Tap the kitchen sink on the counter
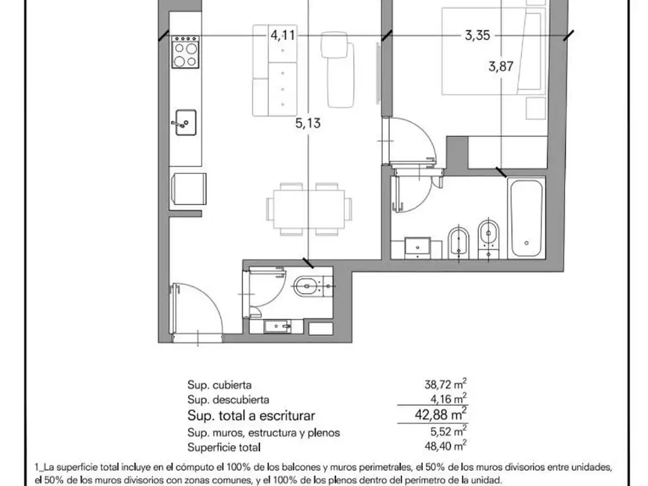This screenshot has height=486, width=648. click(x=185, y=123)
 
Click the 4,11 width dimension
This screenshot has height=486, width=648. click(x=283, y=35)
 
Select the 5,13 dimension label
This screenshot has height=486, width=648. click(x=308, y=123)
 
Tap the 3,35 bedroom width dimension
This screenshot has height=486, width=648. click(x=477, y=35)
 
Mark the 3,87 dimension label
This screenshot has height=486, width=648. click(x=501, y=66)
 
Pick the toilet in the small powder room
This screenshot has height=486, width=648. click(x=311, y=286)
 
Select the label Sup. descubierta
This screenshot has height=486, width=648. click(x=228, y=400)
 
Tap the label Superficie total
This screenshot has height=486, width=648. click(x=223, y=448)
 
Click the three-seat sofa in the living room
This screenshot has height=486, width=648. click(x=275, y=70)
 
